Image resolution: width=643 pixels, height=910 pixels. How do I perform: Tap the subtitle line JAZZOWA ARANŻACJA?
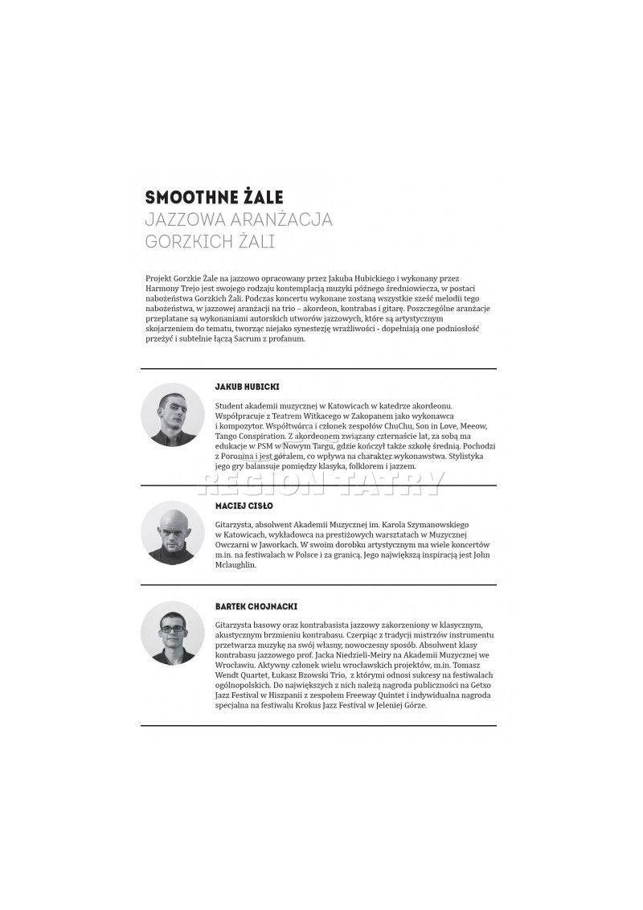point(238,219)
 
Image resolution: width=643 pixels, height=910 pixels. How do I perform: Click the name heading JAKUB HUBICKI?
point(248,387)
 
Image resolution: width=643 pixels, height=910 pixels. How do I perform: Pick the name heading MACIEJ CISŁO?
point(244,506)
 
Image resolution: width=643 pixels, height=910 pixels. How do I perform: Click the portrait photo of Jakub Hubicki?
point(173,415)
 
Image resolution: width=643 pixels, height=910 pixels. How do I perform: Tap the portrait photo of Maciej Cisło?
point(173,531)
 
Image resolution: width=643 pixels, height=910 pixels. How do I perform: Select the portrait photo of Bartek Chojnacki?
point(173,632)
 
